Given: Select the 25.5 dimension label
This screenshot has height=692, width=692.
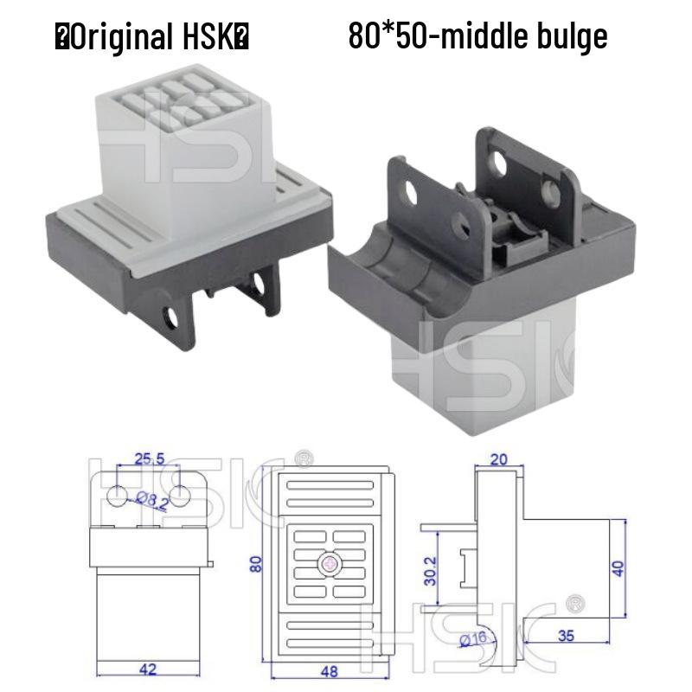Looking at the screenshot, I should coord(146,458).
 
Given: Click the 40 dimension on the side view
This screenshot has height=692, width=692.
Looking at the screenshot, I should coord(617,568).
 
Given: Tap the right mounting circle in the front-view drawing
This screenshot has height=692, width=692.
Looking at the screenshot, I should coord(179,496).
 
